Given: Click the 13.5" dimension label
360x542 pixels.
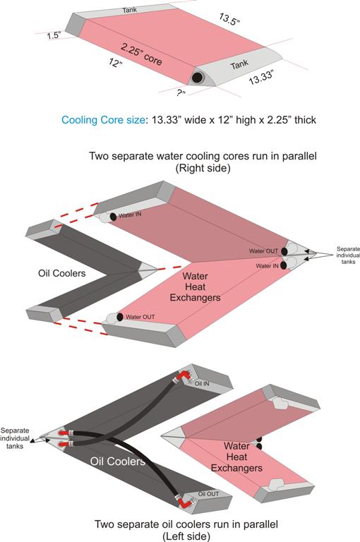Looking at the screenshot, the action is click(229, 19).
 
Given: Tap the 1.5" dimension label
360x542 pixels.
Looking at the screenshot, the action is click(54, 35).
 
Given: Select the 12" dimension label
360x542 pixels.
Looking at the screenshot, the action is click(115, 63).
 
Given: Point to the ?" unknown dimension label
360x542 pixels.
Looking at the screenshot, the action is click(181, 92).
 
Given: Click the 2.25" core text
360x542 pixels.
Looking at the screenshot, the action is click(141, 54).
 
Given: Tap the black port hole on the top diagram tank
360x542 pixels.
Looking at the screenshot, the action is click(197, 78).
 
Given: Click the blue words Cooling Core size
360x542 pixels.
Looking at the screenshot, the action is click(103, 120).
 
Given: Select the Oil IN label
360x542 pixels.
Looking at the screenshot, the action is click(202, 384).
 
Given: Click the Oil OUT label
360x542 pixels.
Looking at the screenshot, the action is click(208, 494).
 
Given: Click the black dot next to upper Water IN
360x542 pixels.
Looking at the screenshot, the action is click(113, 217).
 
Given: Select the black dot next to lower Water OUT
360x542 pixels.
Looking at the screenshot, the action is click(120, 317).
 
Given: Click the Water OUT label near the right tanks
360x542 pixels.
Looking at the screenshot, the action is click(263, 251).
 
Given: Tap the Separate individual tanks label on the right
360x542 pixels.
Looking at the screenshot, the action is click(348, 255).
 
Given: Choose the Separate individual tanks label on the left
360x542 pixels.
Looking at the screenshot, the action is click(15, 438).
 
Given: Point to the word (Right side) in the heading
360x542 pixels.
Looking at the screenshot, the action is click(203, 169).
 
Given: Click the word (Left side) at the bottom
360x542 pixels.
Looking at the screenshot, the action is click(186, 536).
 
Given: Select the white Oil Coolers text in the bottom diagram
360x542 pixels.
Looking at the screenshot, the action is click(118, 461).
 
